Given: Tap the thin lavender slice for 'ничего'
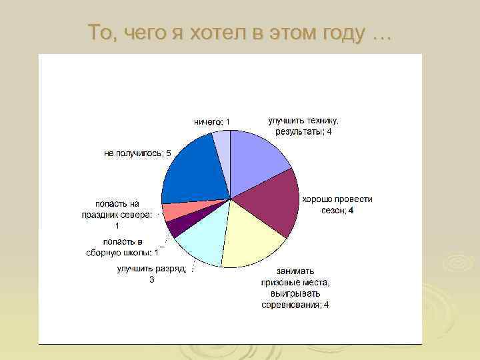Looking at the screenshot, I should pyautogui.click(x=223, y=149).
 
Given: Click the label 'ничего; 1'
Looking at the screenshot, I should pyautogui.click(x=212, y=121).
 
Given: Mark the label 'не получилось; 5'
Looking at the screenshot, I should pyautogui.click(x=137, y=153).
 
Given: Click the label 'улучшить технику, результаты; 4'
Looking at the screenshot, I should pyautogui.click(x=303, y=126).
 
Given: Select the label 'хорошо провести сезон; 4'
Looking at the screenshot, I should pyautogui.click(x=337, y=205).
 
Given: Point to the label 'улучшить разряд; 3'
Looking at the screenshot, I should pyautogui.click(x=152, y=274).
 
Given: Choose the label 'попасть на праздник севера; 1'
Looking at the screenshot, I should pyautogui.click(x=117, y=214).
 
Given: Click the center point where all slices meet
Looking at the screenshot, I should pyautogui.click(x=230, y=198).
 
